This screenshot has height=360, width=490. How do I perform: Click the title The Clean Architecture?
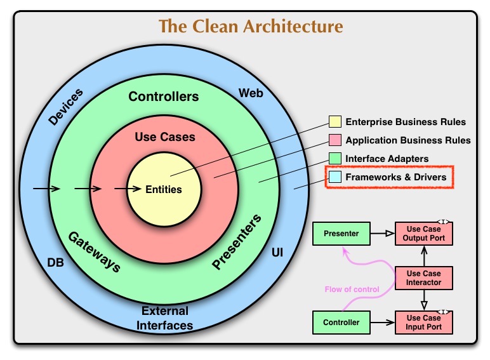click(251, 26)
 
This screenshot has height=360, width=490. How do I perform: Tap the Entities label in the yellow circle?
click(164, 189)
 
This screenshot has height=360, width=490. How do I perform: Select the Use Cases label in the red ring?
click(165, 137)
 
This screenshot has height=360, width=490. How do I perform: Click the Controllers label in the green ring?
click(163, 97)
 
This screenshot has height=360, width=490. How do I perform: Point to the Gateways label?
click(94, 251)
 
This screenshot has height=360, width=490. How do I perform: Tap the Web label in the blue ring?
click(251, 93)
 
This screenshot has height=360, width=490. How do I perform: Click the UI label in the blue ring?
click(277, 253)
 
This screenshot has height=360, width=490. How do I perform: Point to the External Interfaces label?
click(165, 318)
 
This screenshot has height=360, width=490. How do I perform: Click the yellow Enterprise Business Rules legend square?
click(334, 122)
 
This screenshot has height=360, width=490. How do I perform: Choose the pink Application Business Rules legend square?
click(334, 140)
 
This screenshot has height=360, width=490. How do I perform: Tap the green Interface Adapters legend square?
click(334, 158)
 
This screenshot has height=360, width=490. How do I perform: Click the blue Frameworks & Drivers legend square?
click(334, 177)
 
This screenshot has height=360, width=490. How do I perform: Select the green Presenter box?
click(341, 234)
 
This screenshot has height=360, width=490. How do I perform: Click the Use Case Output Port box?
click(424, 234)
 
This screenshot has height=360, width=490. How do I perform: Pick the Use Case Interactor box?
click(424, 277)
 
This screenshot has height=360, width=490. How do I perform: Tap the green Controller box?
click(341, 323)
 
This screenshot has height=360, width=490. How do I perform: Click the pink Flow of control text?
click(351, 290)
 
